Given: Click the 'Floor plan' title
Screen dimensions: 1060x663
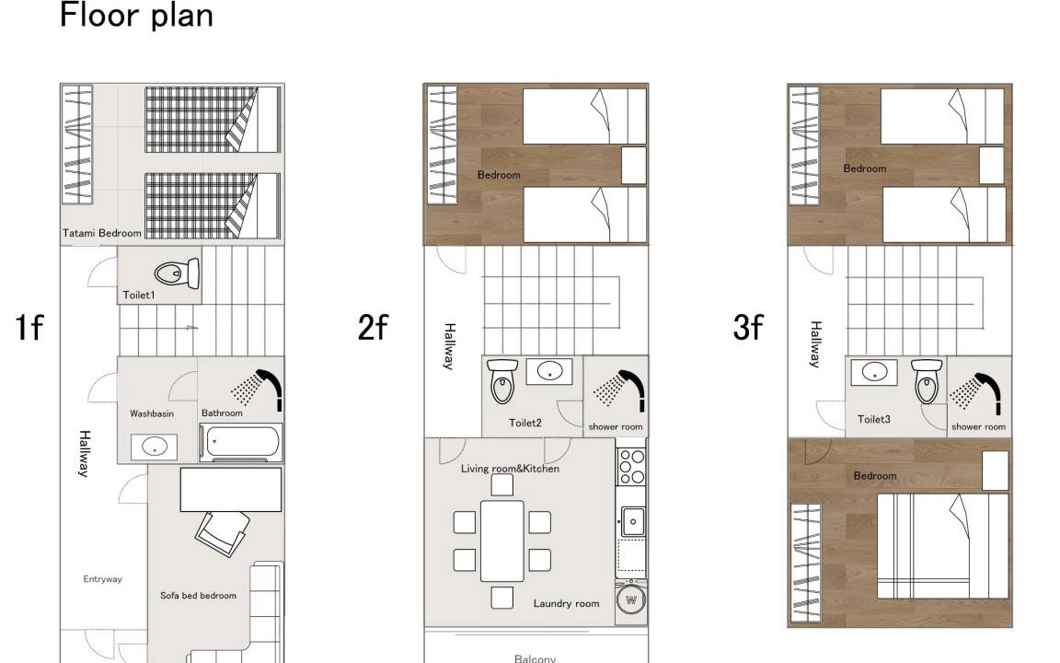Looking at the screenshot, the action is tap(136, 15).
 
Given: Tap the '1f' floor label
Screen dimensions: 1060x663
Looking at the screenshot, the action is tap(29, 328).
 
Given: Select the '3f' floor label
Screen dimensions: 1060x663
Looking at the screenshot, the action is tap(748, 328).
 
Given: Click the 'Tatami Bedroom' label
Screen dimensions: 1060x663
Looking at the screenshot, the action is tap(102, 233).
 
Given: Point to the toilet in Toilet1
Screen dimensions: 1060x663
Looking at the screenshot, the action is tap(177, 273).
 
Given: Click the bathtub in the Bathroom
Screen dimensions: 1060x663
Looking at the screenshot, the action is tap(241, 442).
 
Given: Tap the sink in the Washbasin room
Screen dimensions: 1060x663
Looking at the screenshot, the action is tap(155, 447).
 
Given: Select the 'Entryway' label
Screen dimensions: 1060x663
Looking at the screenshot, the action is tap(103, 579).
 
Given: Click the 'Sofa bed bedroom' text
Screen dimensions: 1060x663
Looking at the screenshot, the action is tap(198, 596).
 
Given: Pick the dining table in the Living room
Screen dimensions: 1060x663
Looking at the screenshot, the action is tap(501, 541).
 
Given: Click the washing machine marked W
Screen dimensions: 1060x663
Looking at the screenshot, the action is tap(631, 599).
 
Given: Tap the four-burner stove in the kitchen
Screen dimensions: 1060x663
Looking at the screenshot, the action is tap(631, 467).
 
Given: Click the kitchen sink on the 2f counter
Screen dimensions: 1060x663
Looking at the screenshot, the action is tap(633, 521).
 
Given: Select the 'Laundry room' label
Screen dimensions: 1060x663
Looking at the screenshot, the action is tap(567, 603).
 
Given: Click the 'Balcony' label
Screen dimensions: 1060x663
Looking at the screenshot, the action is tap(535, 658).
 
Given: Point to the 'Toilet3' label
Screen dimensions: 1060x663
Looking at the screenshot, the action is tap(874, 420).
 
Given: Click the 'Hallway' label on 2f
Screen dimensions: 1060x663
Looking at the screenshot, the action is tap(449, 346).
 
